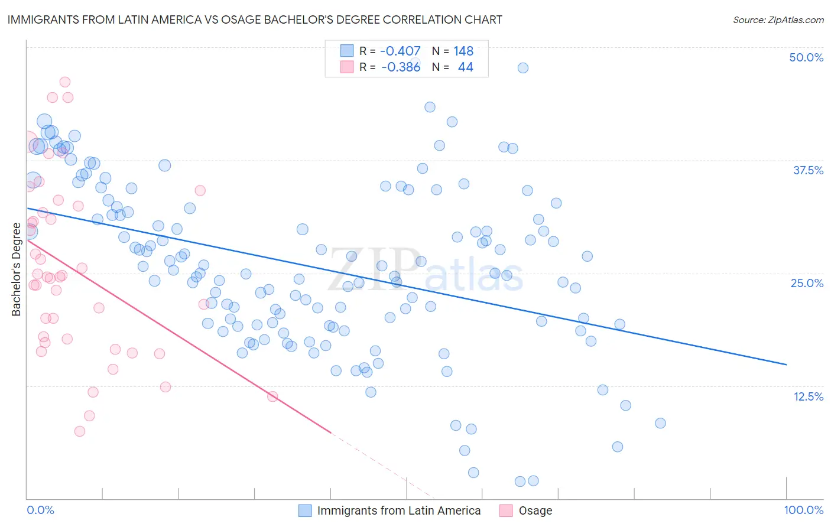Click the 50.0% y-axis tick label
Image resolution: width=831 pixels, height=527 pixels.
point(806,57)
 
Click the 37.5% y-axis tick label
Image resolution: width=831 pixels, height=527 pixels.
point(808,170)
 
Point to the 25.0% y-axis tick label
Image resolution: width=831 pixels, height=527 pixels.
point(807,283)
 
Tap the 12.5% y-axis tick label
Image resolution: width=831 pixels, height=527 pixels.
point(808,396)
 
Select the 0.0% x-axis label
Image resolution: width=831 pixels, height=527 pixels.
point(40,510)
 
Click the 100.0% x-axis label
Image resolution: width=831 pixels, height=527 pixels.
point(803,510)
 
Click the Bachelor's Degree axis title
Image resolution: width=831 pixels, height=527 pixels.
point(16,269)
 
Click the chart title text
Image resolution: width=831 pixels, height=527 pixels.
point(255,19)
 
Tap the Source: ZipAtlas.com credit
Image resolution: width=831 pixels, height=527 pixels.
point(778,20)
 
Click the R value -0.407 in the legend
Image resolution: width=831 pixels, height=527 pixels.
point(400,51)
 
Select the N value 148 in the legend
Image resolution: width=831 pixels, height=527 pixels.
point(463,51)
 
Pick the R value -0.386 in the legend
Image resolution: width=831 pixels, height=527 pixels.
point(401,67)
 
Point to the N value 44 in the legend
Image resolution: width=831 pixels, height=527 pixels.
point(465,67)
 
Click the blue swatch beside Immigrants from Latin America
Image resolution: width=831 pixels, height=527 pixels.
point(305,510)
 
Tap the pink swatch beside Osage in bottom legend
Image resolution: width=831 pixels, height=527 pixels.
point(506,510)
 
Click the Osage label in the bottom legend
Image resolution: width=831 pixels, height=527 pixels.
point(535,510)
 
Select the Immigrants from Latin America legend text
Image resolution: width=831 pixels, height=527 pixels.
point(399,510)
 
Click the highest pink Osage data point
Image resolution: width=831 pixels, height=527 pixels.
point(65,82)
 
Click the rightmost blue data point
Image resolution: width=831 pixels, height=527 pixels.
point(660,423)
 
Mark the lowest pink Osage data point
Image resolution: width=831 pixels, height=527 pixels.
point(80,431)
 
